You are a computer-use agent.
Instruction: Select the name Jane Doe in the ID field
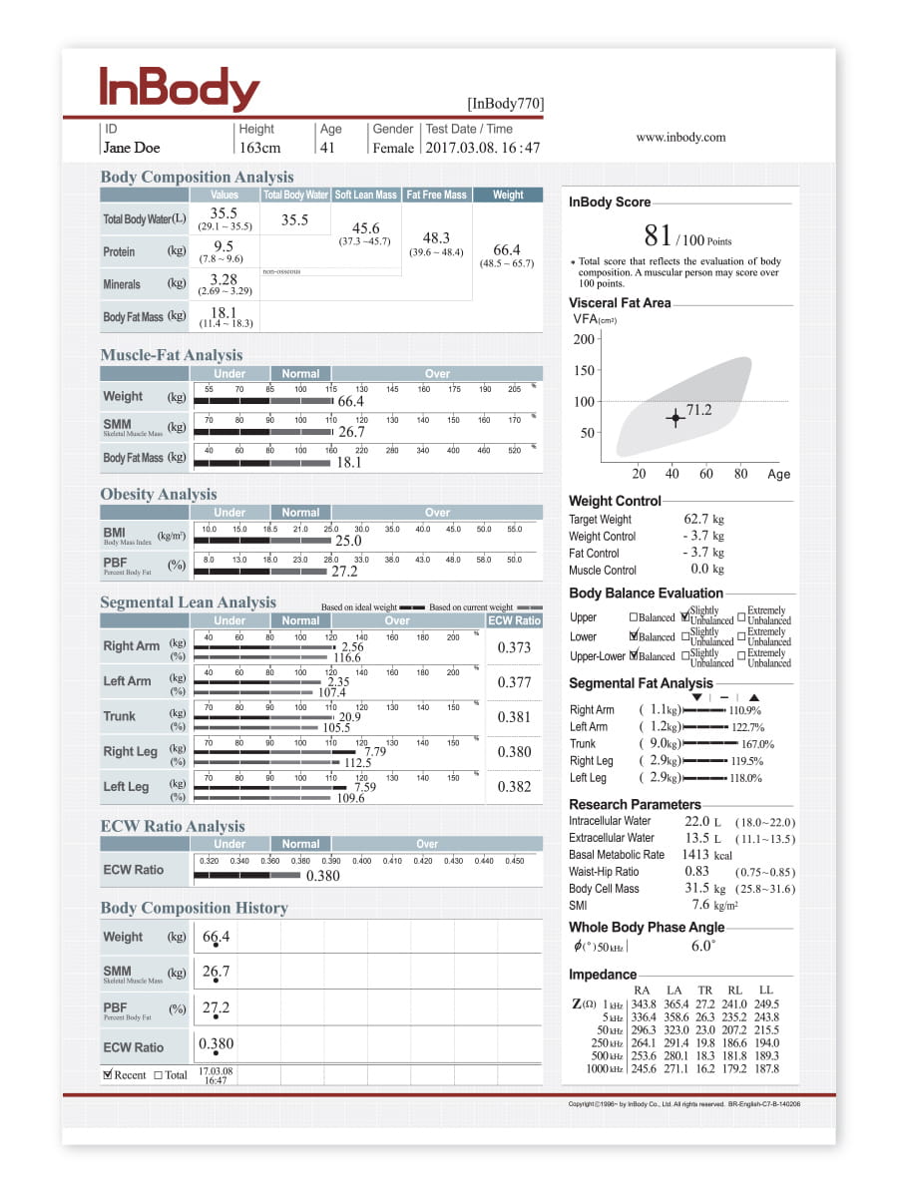pos(131,148)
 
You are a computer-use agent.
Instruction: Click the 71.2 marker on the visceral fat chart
pos(675,418)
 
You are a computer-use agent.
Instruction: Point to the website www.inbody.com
pos(681,138)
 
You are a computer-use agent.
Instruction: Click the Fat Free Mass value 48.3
pos(436,238)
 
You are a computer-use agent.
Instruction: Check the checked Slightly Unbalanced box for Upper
pos(684,617)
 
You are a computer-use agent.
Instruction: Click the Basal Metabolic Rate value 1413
pos(695,855)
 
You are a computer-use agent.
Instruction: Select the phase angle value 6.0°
pos(702,946)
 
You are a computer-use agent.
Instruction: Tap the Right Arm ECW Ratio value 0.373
pos(514,647)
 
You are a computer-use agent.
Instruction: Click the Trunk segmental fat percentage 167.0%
pos(757,744)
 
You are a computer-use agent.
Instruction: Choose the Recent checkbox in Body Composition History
pos(108,1074)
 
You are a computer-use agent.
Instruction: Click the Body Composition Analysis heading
pos(197,177)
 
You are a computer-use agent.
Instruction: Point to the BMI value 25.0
pos(348,541)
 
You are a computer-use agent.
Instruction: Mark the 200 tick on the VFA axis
pos(585,339)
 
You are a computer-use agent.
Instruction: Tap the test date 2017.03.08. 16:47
pos(483,148)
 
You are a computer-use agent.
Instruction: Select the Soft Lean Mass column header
pos(365,195)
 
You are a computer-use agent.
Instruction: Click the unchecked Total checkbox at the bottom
pos(159,1074)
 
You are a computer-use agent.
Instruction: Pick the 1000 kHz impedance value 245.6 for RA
pos(644,1068)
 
